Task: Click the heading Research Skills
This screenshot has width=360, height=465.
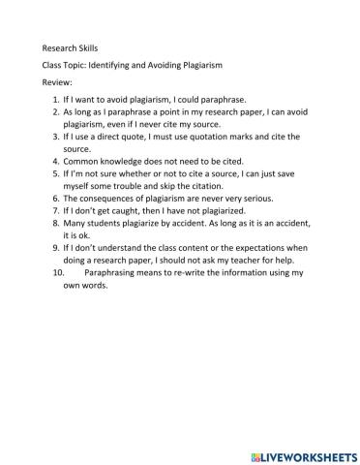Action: point(71,47)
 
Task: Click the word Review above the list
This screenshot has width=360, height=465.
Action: point(57,82)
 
